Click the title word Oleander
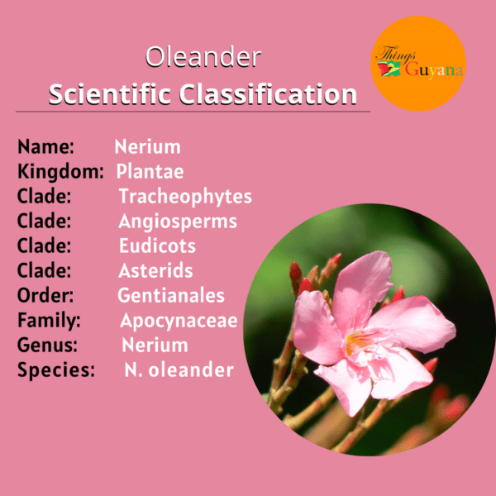click(203, 57)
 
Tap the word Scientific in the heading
click(110, 94)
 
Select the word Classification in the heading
click(268, 94)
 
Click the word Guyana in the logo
click(434, 70)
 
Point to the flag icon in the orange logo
click(389, 69)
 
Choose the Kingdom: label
click(60, 172)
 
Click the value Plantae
click(150, 171)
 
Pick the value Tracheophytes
click(185, 197)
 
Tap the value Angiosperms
click(178, 221)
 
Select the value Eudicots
click(157, 246)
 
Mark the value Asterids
click(155, 270)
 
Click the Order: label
click(45, 295)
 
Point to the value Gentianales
click(171, 295)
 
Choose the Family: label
click(49, 320)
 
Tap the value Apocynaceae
click(179, 321)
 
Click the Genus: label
click(47, 345)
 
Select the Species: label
click(56, 370)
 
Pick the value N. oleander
click(179, 370)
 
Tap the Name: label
click(45, 147)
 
